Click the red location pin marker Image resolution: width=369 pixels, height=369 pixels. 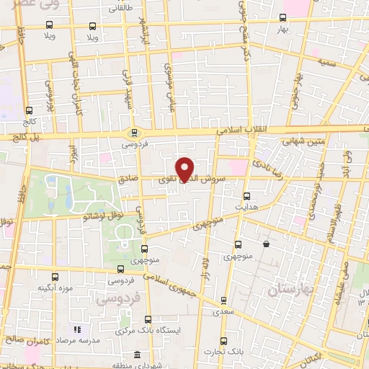coord(185,169)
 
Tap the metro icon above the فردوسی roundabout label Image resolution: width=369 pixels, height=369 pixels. coord(133,133)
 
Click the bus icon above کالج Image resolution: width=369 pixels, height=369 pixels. coord(29,111)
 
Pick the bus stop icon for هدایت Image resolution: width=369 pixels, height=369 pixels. coord(247,196)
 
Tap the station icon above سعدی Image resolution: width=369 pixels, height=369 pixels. coord(223,300)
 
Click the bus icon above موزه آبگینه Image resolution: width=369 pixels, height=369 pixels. coord(57,277)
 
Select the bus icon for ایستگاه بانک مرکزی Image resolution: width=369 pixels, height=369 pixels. coord(148,319)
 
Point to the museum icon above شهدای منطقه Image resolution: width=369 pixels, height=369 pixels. coord(138,355)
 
